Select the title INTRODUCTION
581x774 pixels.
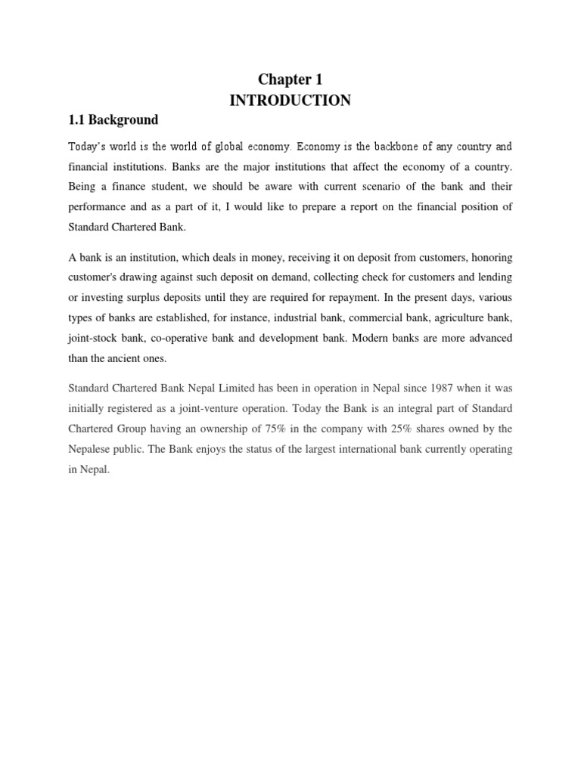[x=290, y=101]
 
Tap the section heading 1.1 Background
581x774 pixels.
[x=113, y=120]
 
